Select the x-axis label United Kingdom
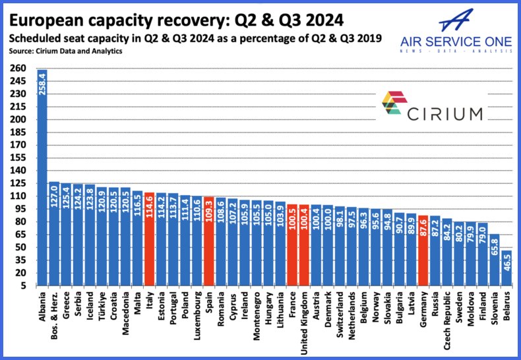click(304, 317)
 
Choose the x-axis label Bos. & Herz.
click(56, 315)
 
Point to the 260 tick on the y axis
click(18, 69)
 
